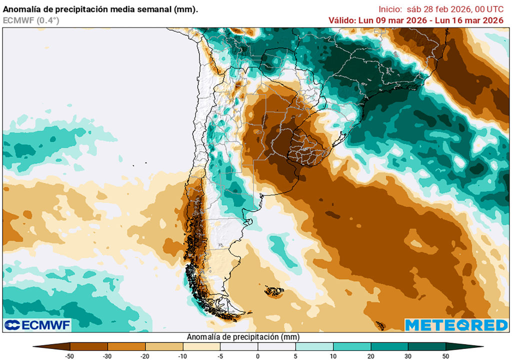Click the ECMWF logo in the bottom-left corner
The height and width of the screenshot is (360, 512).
tap(37, 325)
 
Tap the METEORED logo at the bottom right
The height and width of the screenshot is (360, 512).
tap(456, 325)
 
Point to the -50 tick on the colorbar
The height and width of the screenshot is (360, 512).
tap(70, 355)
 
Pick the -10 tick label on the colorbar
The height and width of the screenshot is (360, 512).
tap(183, 355)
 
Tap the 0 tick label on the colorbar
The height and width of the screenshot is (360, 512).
tap(258, 355)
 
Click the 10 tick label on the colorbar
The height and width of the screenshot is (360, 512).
tap(333, 355)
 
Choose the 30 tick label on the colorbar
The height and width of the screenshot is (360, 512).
tap(408, 355)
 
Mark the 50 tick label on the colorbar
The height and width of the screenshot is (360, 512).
tap(445, 355)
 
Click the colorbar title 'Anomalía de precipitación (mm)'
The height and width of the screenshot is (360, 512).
tap(243, 337)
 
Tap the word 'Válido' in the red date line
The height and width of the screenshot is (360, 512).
tap(341, 20)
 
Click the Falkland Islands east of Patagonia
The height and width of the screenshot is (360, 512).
tap(274, 291)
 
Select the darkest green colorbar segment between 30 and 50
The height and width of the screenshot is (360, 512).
tap(426, 346)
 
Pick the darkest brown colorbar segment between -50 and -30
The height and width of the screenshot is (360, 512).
tap(89, 346)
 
